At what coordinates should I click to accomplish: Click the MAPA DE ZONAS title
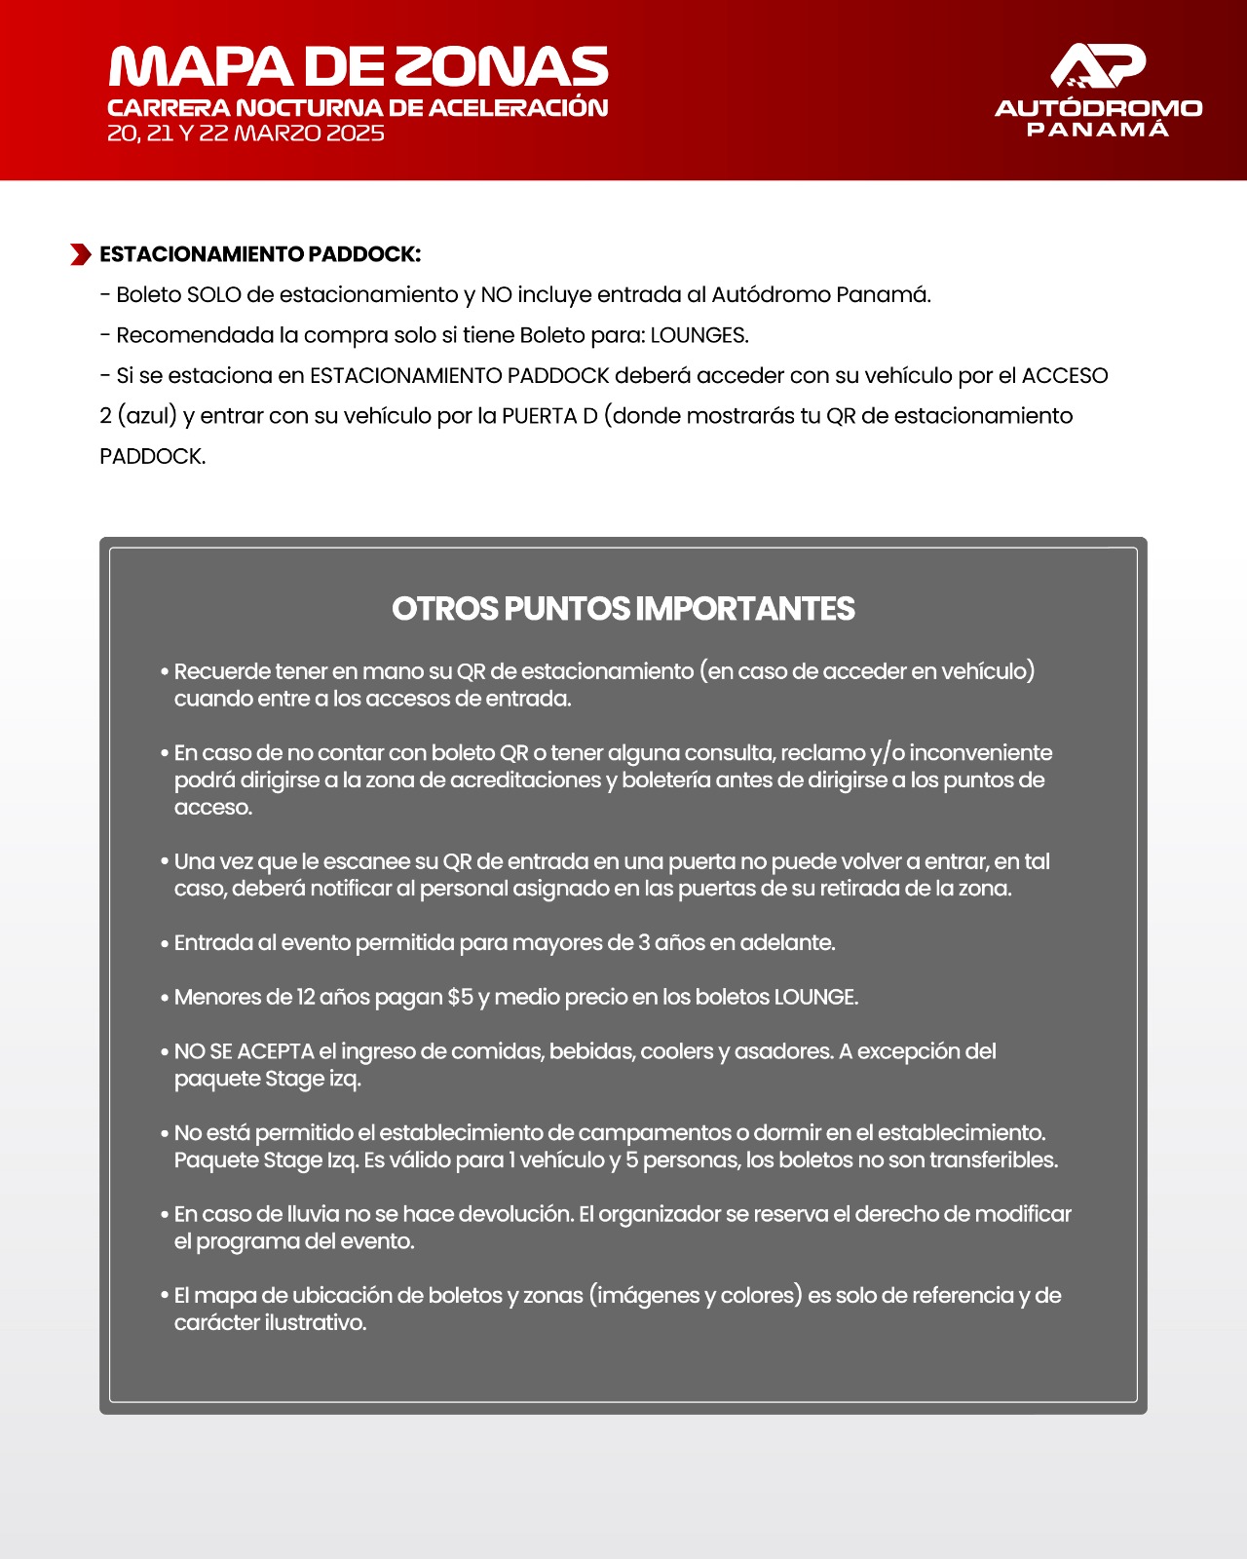359,67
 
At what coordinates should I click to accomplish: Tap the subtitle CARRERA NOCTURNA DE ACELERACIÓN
358,108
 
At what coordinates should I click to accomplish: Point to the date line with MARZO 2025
246,133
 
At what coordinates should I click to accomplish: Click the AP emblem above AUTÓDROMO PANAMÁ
1098,66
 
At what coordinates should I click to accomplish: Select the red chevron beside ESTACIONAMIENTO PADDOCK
81,254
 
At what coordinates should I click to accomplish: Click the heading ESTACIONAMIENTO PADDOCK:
260,254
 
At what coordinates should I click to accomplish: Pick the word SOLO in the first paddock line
213,294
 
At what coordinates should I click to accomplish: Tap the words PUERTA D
549,416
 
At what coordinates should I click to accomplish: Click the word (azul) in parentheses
148,416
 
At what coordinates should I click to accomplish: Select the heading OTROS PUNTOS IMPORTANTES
623,609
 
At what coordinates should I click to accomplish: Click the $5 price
460,997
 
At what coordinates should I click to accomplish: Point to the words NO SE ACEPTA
244,1051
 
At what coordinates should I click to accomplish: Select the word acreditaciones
525,780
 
